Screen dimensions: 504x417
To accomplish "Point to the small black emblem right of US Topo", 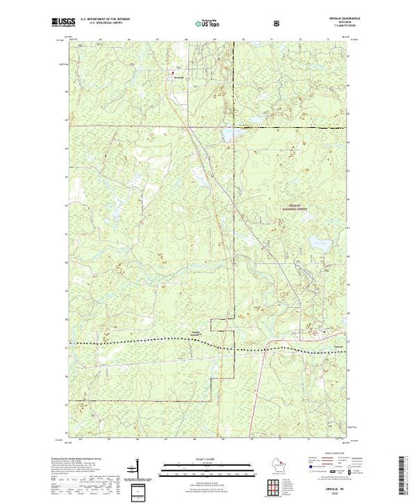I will tap(276, 23).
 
